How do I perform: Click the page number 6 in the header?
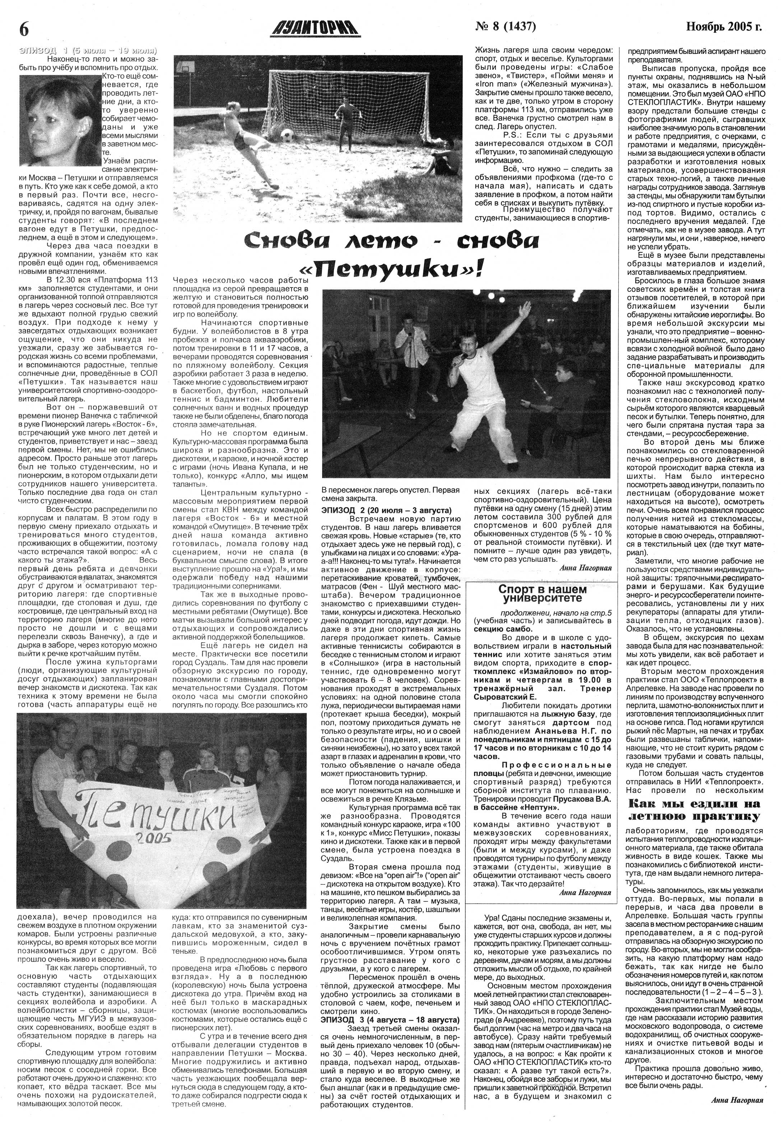point(23,29)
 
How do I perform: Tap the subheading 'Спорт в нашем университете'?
point(542,593)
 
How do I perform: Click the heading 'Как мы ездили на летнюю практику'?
point(693,809)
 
